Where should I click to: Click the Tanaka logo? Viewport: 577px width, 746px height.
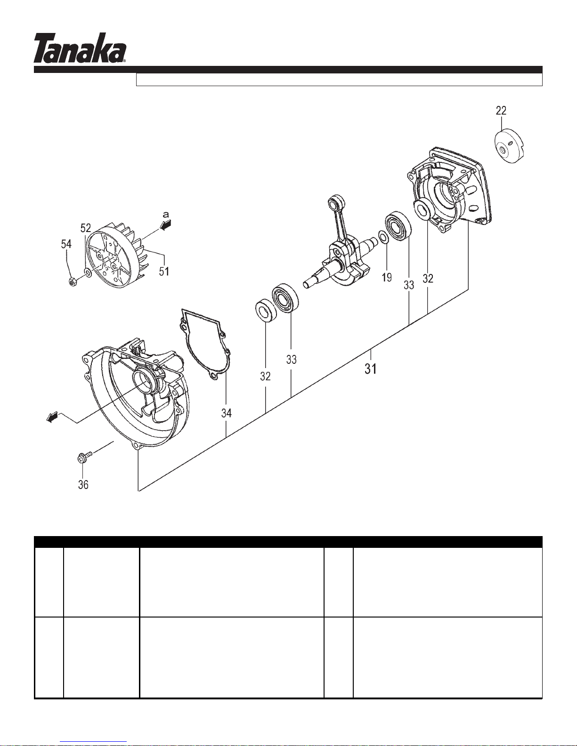coord(80,48)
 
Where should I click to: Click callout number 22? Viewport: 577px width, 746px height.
coord(501,111)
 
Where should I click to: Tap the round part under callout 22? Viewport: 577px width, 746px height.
coord(509,145)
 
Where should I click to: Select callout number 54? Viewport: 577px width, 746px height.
coord(66,244)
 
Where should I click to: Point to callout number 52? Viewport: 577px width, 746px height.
coord(86,228)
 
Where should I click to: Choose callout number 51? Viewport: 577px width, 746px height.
coord(164,272)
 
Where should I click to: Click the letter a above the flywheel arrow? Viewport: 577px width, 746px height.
coord(166,215)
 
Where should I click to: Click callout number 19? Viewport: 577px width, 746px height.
coord(387,277)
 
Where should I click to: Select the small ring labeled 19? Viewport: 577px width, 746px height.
coord(383,237)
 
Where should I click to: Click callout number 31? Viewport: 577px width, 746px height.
coord(371,369)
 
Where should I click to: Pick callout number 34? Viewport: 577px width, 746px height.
coord(227,413)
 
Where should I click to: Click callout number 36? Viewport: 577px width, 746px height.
coord(83,485)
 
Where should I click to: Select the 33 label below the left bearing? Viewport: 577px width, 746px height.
coord(291,360)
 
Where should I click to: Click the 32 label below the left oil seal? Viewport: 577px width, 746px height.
coord(265,376)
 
